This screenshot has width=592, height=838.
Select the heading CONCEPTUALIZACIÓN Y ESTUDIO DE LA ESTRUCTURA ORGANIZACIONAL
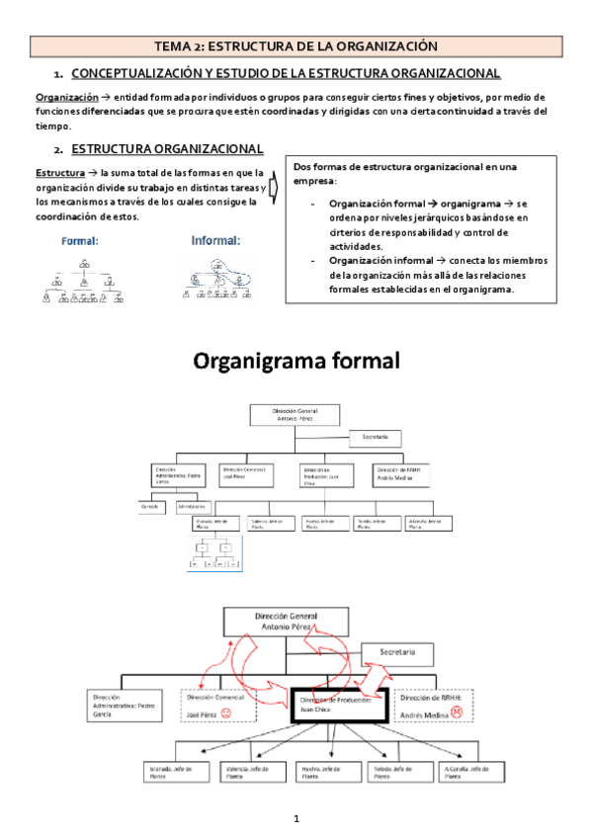click(286, 74)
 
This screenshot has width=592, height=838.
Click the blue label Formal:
click(79, 239)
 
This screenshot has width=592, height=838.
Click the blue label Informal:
click(214, 239)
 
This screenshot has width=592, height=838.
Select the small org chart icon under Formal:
click(84, 280)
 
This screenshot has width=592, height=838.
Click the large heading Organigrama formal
click(296, 361)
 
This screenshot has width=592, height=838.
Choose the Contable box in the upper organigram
click(150, 506)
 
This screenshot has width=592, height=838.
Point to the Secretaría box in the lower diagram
click(397, 652)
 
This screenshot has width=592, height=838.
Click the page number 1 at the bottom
click(296, 819)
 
